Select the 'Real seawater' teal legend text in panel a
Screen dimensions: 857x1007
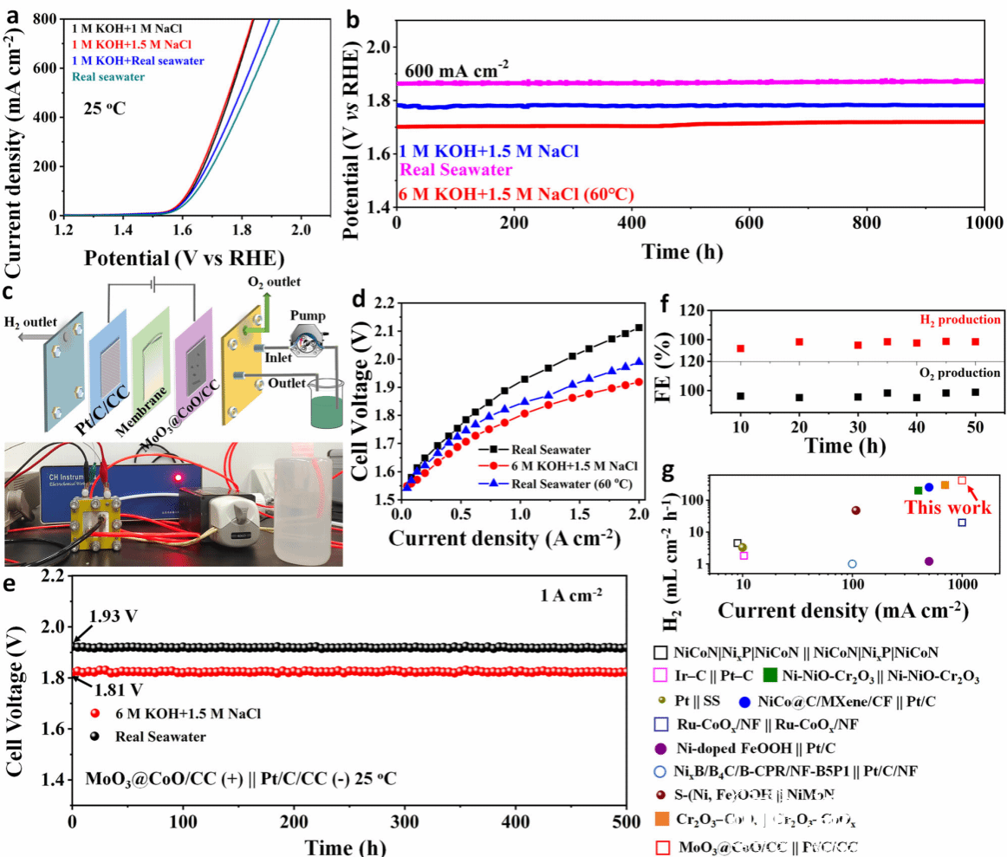pos(107,77)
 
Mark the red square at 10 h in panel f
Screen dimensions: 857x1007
pos(740,348)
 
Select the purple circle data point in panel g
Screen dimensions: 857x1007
pos(928,562)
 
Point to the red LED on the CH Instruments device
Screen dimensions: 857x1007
pos(177,477)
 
